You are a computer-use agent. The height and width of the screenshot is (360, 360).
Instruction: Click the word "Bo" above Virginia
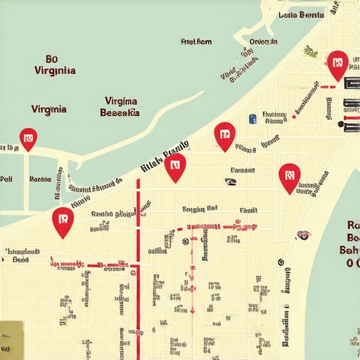[51, 59]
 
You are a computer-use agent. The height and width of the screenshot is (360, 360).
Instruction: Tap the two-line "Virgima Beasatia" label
[120, 106]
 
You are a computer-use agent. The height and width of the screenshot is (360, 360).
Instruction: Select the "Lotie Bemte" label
[301, 15]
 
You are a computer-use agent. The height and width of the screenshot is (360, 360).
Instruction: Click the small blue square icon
[251, 120]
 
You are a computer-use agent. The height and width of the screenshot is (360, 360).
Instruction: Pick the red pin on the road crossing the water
[28, 139]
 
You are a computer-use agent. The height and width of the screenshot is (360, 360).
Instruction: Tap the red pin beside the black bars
[337, 65]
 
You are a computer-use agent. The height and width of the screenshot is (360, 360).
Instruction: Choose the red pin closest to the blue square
[224, 136]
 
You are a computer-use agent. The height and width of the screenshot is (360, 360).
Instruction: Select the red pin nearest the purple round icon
[289, 177]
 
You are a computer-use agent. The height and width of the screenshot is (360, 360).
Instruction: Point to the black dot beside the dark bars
[342, 125]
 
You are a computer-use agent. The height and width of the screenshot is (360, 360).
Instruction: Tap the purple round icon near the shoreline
[303, 235]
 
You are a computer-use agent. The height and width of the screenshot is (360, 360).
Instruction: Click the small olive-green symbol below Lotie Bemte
[310, 51]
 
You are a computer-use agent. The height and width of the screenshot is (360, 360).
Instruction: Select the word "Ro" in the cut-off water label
[353, 225]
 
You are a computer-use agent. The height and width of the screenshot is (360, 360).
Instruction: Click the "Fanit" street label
[247, 210]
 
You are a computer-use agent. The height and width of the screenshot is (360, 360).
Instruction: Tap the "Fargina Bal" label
[200, 209]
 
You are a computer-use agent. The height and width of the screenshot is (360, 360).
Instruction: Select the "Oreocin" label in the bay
[263, 41]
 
